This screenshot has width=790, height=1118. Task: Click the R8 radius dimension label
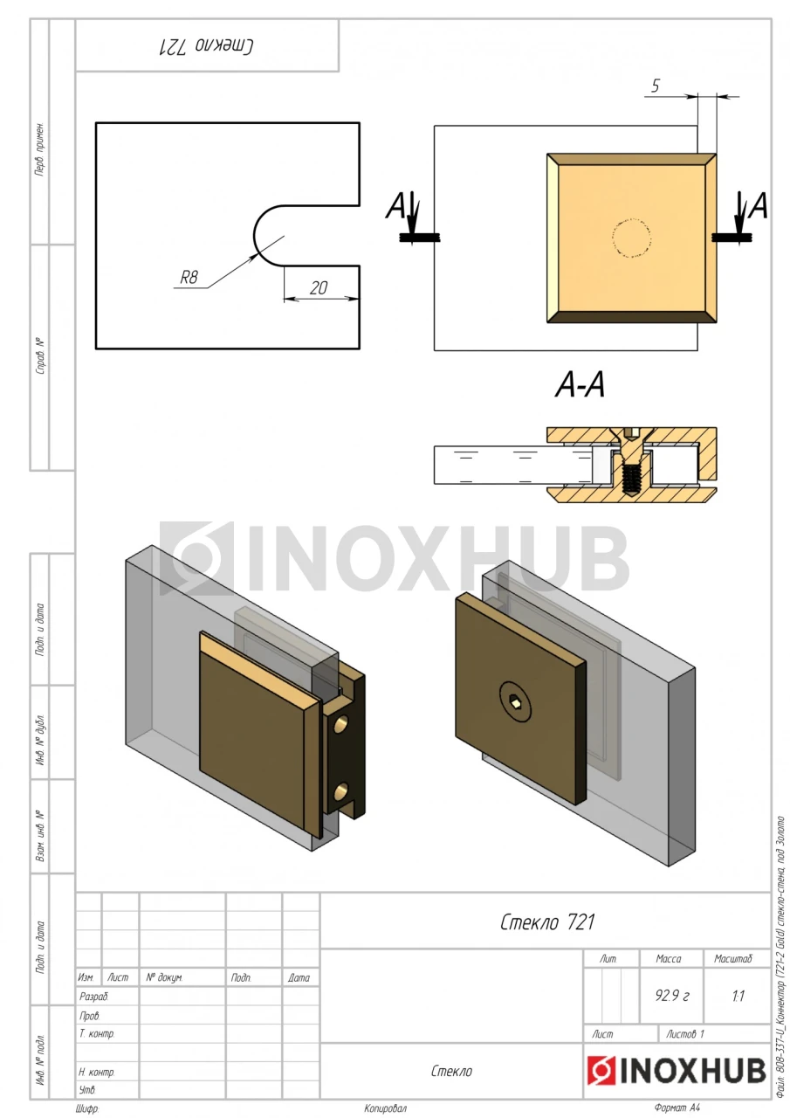click(x=189, y=277)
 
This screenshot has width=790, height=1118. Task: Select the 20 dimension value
click(x=319, y=288)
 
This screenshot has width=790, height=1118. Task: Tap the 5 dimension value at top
click(x=655, y=86)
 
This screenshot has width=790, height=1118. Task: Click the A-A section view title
click(x=580, y=385)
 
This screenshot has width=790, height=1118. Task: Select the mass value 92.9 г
click(x=672, y=996)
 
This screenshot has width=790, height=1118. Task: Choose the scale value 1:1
click(x=738, y=997)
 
